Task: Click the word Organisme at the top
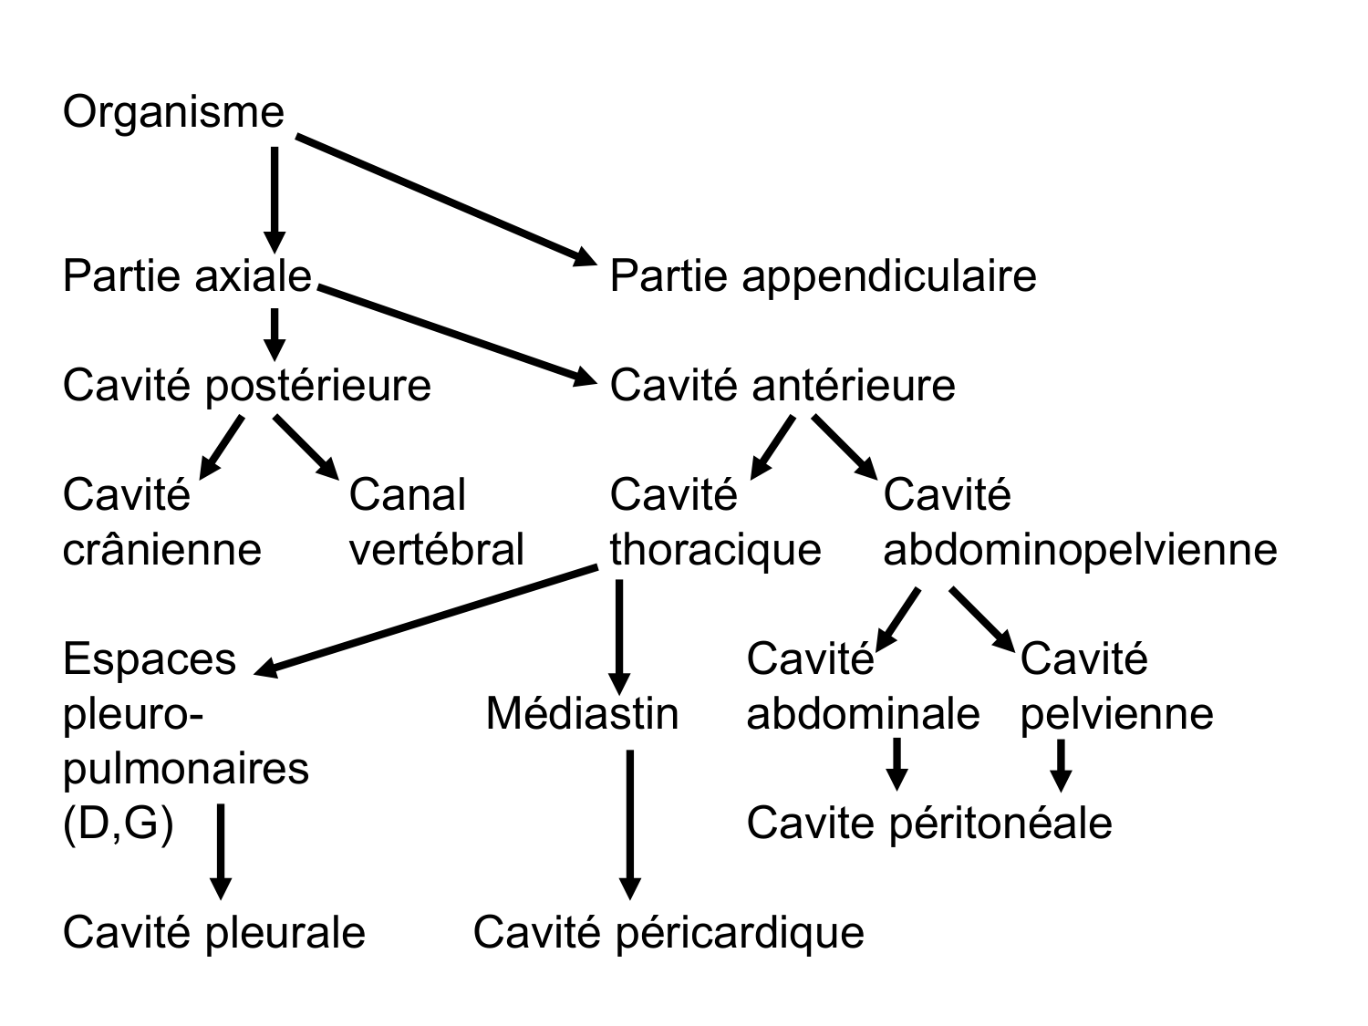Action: [x=173, y=112]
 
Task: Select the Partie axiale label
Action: [x=187, y=276]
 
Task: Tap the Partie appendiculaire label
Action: [x=823, y=276]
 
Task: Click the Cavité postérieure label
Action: [x=246, y=386]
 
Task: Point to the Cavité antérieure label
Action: [x=782, y=386]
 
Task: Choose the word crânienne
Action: [x=161, y=550]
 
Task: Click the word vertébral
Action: [x=436, y=550]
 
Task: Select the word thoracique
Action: [x=715, y=550]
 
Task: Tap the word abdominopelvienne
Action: [x=1080, y=550]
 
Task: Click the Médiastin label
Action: [x=582, y=714]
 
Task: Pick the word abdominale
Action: [x=863, y=714]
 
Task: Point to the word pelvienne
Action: [x=1116, y=714]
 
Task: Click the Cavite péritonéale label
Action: [x=928, y=824]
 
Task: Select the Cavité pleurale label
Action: [x=213, y=933]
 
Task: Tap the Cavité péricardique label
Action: [x=668, y=933]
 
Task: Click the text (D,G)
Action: [x=118, y=824]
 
